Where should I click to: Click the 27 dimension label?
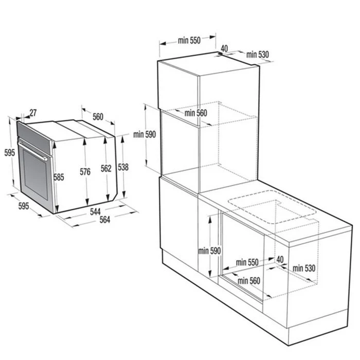coord(33,113)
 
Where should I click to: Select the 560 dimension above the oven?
coord(98,117)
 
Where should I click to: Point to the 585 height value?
coord(59,177)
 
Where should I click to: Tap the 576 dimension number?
coord(85,171)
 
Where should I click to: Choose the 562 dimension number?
coord(106,168)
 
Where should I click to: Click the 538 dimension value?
coord(123,167)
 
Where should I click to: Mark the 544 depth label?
coord(95,211)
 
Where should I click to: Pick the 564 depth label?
coord(105,220)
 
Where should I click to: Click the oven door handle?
coord(32,151)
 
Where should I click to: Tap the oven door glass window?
coord(35,175)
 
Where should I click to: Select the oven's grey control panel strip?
coord(34,138)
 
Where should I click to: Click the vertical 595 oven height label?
coord(10,152)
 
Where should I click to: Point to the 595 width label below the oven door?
coord(24,206)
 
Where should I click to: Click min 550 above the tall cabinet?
coord(189,41)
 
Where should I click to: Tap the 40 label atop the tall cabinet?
coord(224,48)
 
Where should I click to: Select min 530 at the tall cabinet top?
coord(258,55)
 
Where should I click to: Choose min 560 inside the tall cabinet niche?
coord(195,113)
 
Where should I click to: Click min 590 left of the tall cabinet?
coord(145,134)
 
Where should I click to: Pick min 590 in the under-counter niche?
coord(209,251)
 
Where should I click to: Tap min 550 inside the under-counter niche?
coord(247,262)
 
